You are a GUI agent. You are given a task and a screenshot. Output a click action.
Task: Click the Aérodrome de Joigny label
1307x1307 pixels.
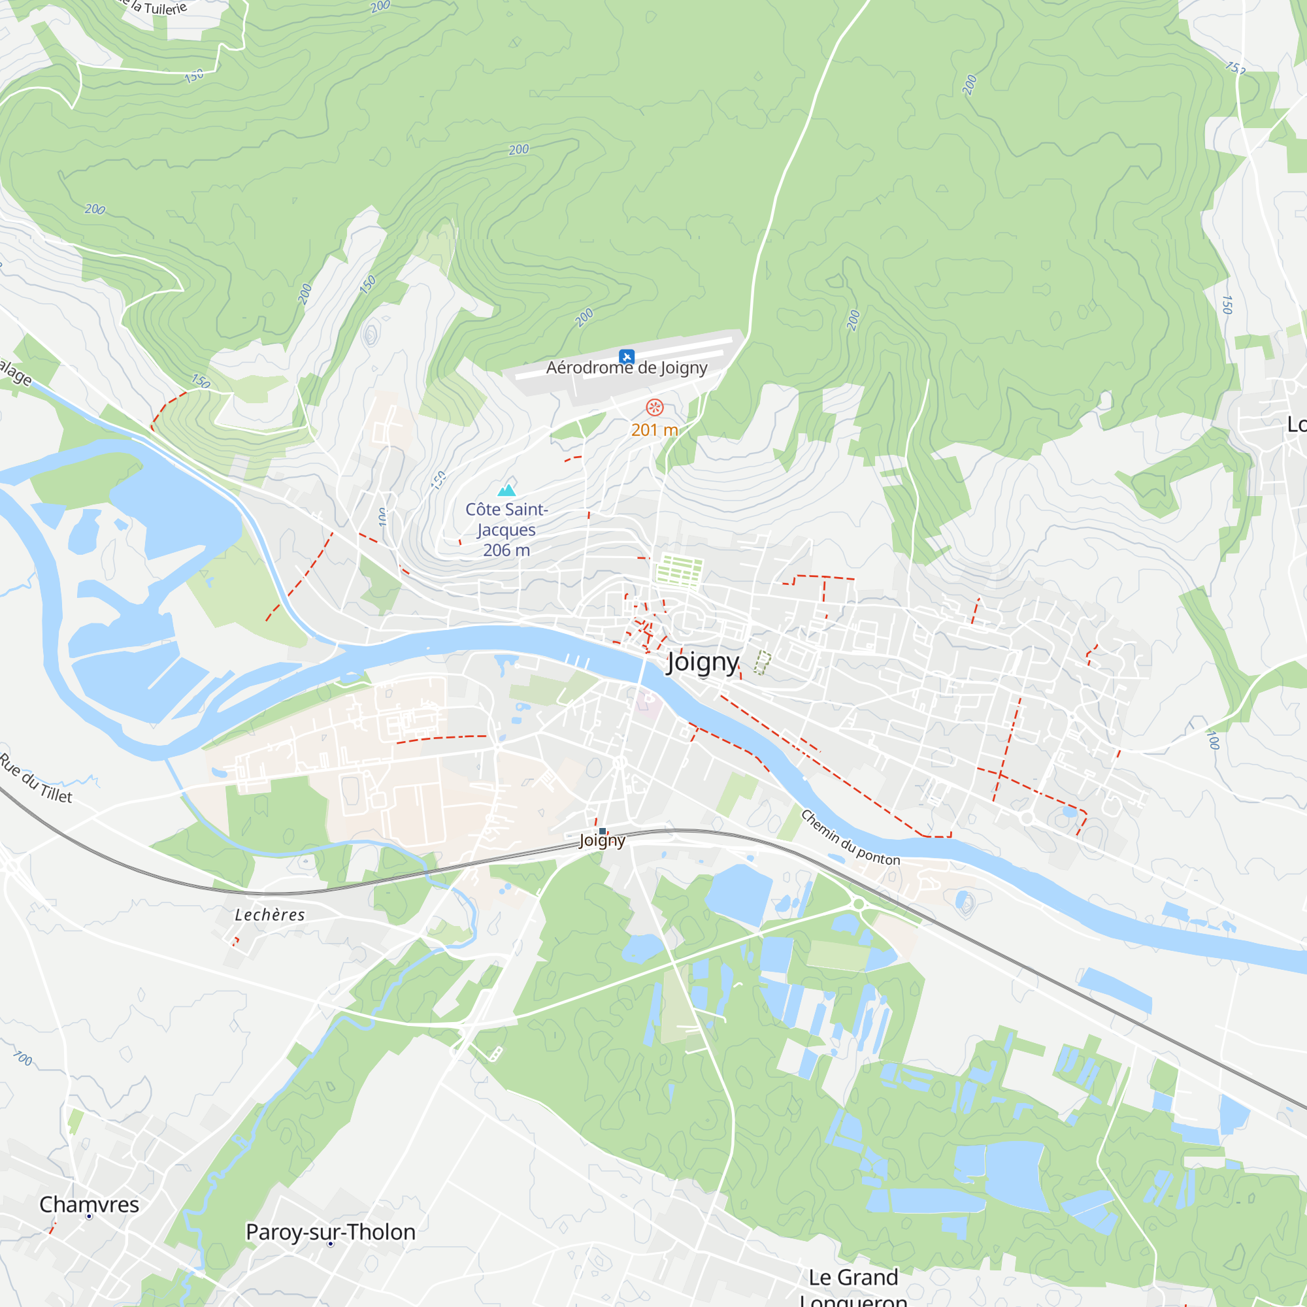tap(627, 368)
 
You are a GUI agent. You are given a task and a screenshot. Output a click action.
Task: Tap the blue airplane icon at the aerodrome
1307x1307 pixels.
tap(627, 356)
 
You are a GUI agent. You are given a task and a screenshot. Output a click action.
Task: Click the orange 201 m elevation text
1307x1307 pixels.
tap(654, 429)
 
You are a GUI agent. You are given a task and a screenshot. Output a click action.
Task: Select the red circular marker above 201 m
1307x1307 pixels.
tap(654, 407)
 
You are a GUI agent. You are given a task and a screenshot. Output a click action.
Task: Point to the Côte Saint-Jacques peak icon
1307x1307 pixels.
tap(506, 489)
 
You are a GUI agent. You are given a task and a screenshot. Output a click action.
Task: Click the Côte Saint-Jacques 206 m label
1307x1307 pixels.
tap(506, 530)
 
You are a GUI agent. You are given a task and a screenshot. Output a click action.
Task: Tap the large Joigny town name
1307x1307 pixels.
tap(703, 661)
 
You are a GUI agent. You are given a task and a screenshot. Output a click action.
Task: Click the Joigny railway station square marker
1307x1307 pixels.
tap(602, 831)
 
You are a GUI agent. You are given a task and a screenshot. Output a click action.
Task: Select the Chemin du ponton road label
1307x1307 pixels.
tap(850, 838)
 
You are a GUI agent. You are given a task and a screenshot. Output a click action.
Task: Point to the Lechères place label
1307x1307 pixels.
tap(269, 916)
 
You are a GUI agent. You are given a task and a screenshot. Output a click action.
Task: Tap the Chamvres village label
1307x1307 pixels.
tap(90, 1204)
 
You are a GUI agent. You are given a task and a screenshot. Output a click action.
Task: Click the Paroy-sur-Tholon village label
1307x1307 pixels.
tap(330, 1232)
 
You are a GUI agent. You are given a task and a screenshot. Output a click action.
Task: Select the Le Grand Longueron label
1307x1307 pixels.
tap(853, 1287)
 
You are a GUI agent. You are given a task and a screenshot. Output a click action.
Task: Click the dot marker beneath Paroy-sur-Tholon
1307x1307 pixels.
tap(330, 1244)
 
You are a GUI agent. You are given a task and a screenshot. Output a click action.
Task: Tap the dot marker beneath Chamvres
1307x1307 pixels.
tap(90, 1216)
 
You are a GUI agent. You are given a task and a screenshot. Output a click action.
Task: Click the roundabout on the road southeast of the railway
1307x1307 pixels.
tap(859, 904)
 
